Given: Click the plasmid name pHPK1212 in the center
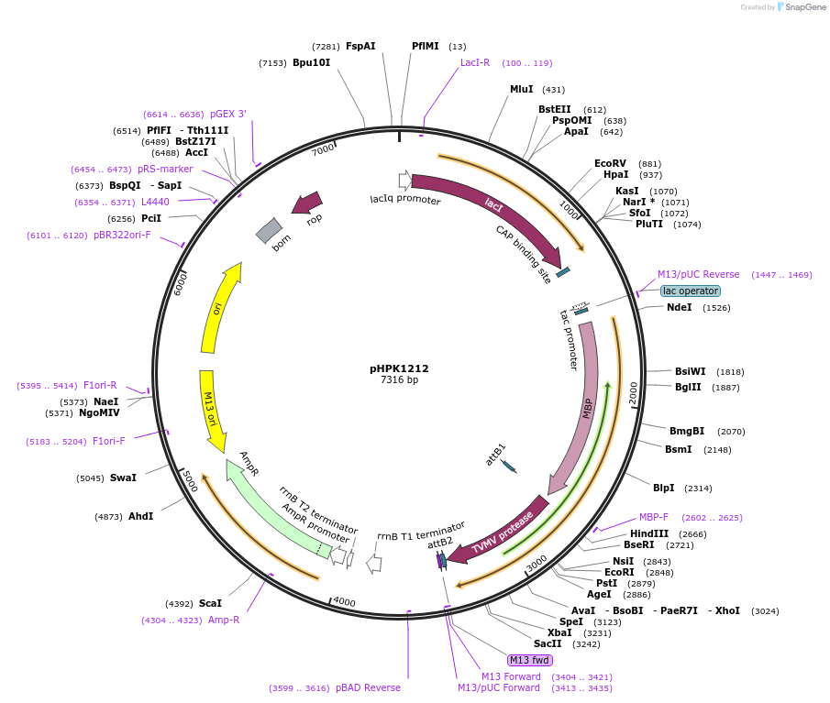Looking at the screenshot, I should point(399,368).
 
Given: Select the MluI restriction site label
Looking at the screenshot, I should point(522,89).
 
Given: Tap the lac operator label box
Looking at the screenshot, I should point(690,291).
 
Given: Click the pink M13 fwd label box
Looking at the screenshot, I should point(530,660).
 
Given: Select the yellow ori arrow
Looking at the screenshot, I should point(220,307).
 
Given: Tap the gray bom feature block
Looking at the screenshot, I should point(269,231).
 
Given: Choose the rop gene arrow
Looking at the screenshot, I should point(307,203).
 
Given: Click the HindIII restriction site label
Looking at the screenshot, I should point(648,533).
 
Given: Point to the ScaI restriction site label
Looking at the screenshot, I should point(210,603).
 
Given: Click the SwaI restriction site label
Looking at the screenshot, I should point(123,478).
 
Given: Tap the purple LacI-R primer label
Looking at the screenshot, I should point(475,62).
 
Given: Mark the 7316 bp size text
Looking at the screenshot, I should point(399,379).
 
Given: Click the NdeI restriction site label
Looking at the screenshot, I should point(680,307).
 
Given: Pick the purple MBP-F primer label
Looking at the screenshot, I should point(654,517).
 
